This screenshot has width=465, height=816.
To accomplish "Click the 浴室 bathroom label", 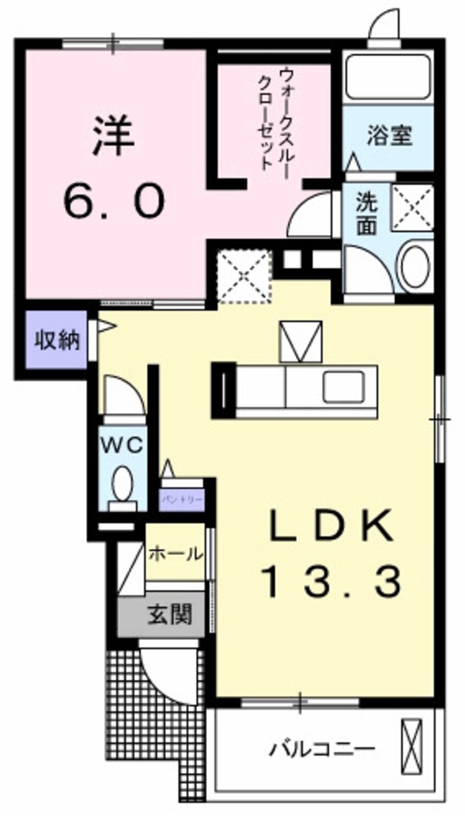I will (x=389, y=135).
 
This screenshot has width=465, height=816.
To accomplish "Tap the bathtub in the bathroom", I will (x=388, y=76).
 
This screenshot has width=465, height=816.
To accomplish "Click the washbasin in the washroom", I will (x=414, y=266).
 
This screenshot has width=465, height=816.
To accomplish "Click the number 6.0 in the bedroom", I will (x=114, y=200).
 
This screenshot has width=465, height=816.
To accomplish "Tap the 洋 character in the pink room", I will (x=114, y=136).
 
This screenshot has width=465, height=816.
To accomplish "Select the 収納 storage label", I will (x=57, y=340).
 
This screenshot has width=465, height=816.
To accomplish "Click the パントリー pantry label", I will (x=182, y=500).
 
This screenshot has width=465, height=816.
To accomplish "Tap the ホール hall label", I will (x=175, y=553).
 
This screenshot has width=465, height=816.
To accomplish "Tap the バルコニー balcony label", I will (x=323, y=748).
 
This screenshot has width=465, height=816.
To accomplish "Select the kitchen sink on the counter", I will (x=343, y=387).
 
